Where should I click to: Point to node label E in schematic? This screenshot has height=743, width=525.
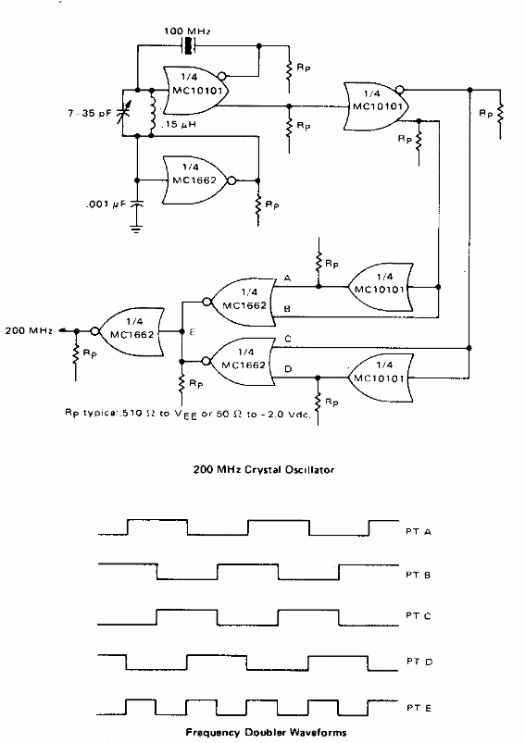[191, 331]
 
